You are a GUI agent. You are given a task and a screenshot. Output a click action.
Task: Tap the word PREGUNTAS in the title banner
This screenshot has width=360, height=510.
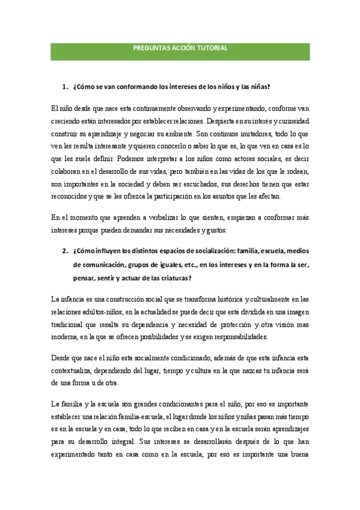(149, 49)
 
